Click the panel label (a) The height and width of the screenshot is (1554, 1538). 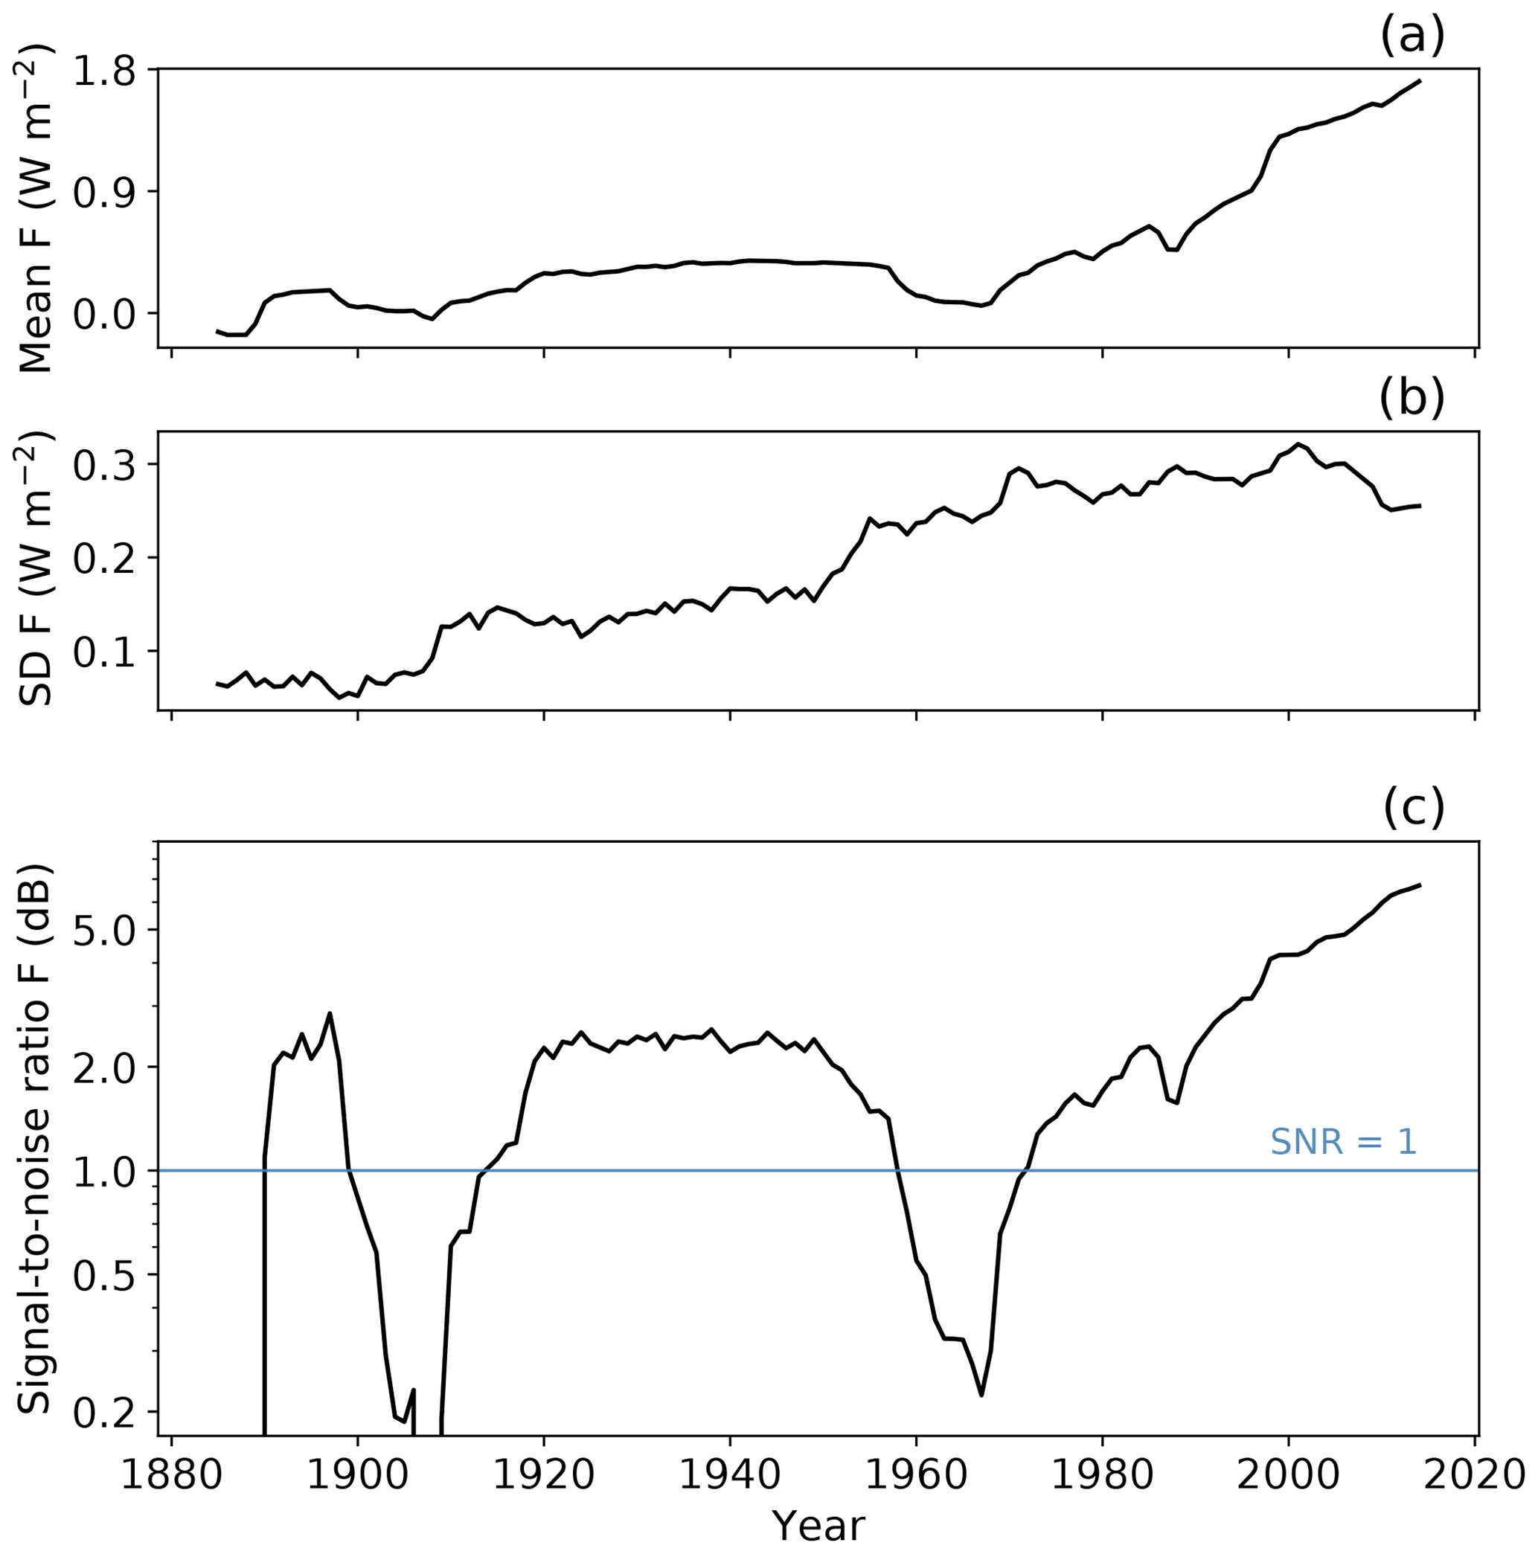pos(1412,36)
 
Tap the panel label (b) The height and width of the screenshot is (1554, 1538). pos(1412,399)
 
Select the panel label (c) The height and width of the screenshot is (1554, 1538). pos(1413,809)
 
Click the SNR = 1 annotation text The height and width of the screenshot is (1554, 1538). pos(1342,1141)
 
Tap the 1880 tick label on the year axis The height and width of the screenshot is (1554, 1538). pos(171,1475)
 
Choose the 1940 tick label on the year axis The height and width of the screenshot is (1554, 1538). pos(731,1475)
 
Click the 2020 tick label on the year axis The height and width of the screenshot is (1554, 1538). pos(1475,1475)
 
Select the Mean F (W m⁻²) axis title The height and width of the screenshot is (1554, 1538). pos(36,209)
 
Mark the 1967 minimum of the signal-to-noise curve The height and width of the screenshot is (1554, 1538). pos(981,1394)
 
